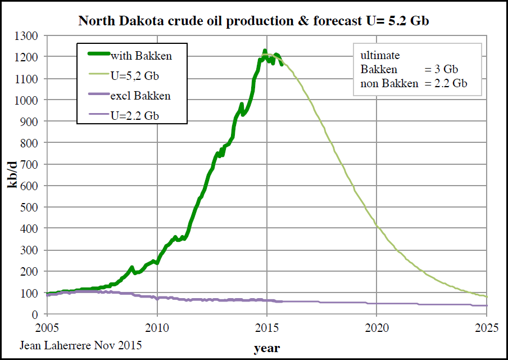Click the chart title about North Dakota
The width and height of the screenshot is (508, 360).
(254, 21)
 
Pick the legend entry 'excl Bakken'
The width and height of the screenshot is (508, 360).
(140, 96)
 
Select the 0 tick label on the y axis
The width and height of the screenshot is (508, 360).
(34, 314)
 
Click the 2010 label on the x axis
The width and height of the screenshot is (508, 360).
(157, 327)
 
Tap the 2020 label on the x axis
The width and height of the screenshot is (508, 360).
(377, 327)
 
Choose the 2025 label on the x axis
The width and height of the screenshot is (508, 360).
(487, 327)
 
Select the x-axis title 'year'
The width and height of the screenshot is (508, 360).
(266, 348)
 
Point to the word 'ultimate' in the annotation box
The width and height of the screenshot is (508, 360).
(380, 56)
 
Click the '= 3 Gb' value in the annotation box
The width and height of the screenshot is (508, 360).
(442, 70)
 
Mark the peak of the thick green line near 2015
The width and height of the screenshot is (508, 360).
(265, 51)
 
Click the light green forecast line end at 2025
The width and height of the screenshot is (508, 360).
(487, 296)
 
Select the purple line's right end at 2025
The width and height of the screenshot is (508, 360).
(487, 305)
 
